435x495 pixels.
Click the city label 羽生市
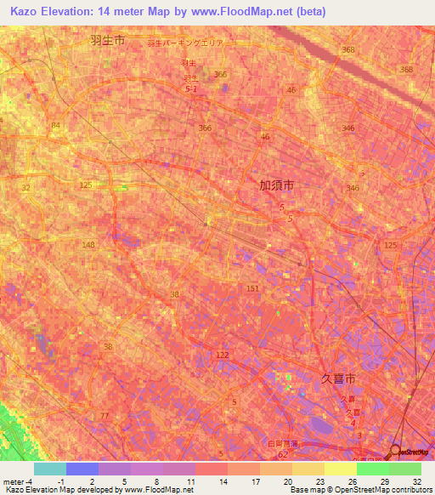point(107,40)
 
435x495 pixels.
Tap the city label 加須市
point(277,184)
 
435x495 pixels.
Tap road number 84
point(56,126)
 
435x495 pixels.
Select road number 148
point(88,245)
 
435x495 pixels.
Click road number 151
point(252,289)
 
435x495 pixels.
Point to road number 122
point(222,355)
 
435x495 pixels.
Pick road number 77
point(105,416)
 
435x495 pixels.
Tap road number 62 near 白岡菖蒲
point(282,455)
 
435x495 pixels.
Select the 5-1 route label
point(191,88)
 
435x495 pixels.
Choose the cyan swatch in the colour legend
point(50,469)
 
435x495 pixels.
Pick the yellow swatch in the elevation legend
point(341,469)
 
